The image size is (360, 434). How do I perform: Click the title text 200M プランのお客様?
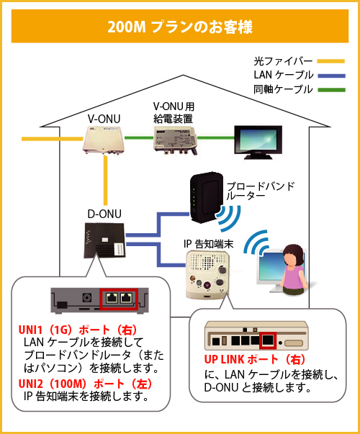pos(179,27)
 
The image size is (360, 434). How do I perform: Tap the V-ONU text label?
pos(103,118)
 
